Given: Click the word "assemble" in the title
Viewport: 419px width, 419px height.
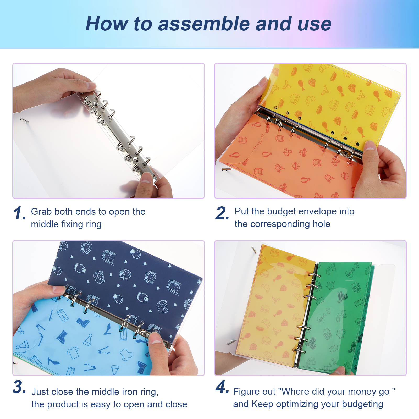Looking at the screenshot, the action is [x=204, y=24].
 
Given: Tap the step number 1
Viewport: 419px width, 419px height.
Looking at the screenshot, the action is [x=20, y=213].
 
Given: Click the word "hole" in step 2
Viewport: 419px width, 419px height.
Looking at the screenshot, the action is [x=321, y=224].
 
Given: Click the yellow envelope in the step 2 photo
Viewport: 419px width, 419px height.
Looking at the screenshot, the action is [x=330, y=102].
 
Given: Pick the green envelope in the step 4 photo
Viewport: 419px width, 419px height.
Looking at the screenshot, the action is [x=338, y=317].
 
